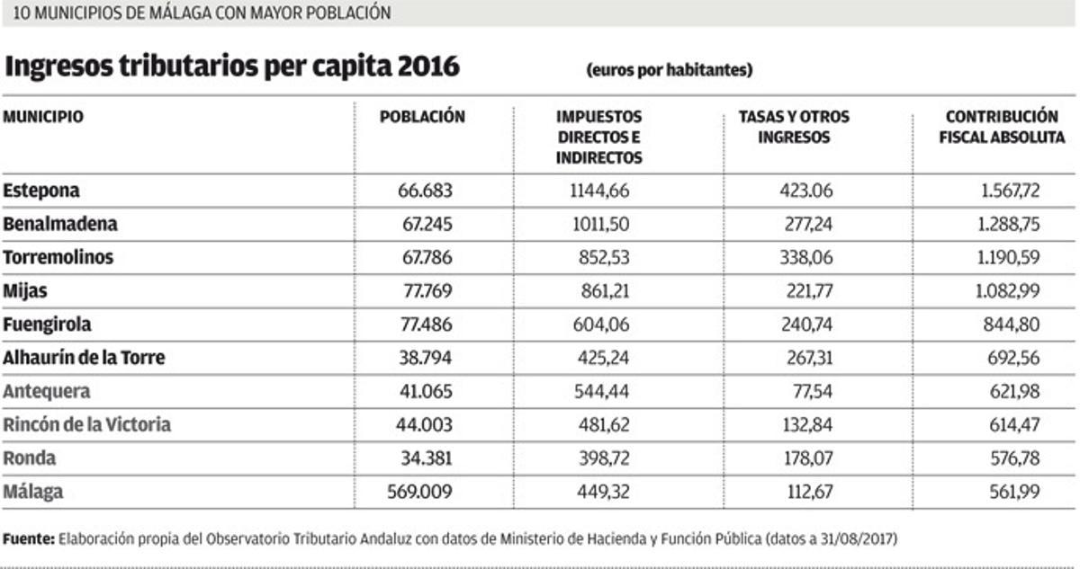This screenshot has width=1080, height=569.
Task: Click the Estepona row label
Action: [41, 191]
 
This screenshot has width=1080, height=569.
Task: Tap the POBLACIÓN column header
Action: [422, 117]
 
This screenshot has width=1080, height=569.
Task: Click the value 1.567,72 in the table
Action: [1009, 191]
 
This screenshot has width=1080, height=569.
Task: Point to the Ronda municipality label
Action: [30, 458]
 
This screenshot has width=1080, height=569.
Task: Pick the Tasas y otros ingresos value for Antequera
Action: [806, 392]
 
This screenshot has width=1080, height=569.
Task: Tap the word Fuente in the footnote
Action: [29, 539]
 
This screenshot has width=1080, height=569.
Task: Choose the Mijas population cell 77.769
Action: [425, 291]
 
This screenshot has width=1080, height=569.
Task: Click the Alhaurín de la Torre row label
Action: [84, 358]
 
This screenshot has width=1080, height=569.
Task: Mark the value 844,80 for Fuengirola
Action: [1014, 325]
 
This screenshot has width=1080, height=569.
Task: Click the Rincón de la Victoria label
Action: [86, 424]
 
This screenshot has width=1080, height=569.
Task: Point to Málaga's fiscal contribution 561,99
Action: [1014, 492]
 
